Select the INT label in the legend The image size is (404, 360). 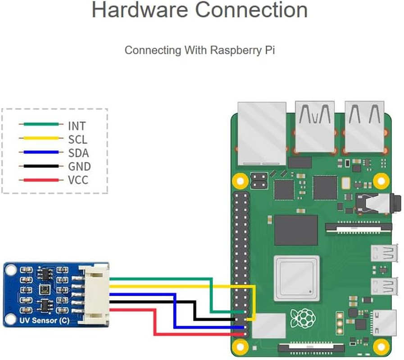(77, 126)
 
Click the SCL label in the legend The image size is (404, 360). (77, 139)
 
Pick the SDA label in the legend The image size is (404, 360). (78, 153)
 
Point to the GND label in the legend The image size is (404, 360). (79, 166)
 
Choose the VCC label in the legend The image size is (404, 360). (78, 180)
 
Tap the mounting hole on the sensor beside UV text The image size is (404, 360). (10, 320)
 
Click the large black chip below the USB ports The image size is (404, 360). (296, 230)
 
